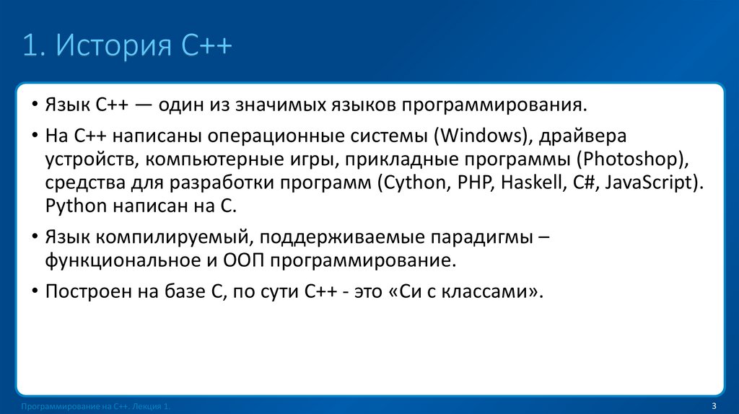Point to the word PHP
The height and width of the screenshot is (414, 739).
473,182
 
